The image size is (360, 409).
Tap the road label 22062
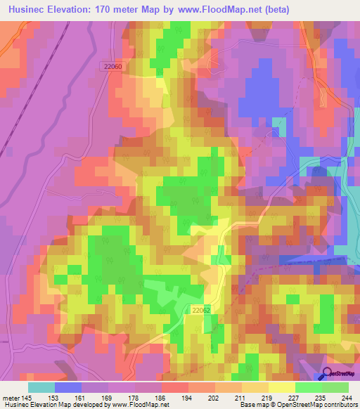[x=201, y=309]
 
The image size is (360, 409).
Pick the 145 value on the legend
[x=26, y=398]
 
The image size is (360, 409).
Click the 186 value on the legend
[x=160, y=398]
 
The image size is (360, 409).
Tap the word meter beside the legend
[x=11, y=398]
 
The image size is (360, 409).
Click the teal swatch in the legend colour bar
[x=41, y=387]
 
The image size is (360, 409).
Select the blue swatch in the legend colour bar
[x=68, y=387]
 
